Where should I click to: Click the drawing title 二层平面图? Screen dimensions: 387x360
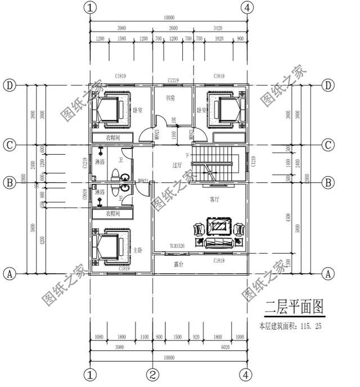pos(294,307)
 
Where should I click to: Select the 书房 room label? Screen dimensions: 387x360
pos(170,98)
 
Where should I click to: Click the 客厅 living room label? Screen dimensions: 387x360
pos(215,199)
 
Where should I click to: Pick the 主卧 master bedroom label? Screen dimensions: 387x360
pos(138,249)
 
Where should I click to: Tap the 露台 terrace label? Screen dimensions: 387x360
pos(179,264)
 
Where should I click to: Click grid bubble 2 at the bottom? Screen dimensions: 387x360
pos(153,374)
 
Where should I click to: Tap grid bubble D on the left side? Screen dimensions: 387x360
pos(9,85)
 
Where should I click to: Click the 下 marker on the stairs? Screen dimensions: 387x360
pos(187,155)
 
